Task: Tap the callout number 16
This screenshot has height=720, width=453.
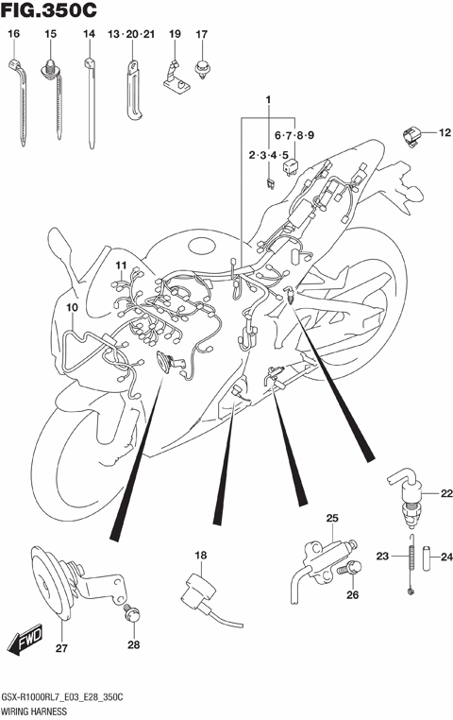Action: tap(13, 35)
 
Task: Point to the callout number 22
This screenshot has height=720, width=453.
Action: tap(445, 492)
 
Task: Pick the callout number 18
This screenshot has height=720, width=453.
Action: tap(200, 555)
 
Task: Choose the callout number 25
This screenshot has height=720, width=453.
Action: tap(331, 518)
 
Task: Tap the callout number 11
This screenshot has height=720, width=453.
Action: tap(121, 266)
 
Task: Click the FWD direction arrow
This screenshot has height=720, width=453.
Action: tap(26, 644)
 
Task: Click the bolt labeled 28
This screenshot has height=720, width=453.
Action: tap(132, 619)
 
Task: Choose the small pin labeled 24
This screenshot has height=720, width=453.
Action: tap(428, 557)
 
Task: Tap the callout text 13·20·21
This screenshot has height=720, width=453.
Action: tap(130, 35)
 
